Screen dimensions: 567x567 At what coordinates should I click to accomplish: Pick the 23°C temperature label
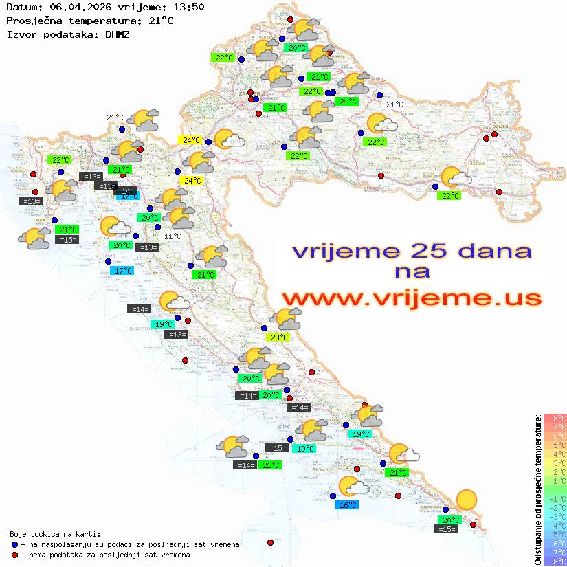[278, 337]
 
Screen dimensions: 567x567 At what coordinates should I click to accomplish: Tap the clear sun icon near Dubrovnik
[467, 499]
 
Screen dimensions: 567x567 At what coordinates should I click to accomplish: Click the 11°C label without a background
[173, 236]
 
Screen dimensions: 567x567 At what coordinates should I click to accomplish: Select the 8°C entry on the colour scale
[555, 418]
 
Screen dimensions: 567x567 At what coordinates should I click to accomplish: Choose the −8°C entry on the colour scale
[555, 561]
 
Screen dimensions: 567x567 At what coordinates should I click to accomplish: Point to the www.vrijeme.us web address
[412, 298]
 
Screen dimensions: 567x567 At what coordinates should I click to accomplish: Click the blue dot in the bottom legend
[14, 544]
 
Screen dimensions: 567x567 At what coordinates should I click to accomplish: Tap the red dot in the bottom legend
[14, 555]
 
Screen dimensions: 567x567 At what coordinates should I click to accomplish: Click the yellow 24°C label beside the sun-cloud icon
[190, 140]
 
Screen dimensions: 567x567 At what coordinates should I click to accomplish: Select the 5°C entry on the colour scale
[555, 445]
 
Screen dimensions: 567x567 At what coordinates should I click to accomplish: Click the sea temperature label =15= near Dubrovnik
[446, 529]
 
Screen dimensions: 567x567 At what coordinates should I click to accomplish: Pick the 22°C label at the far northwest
[224, 58]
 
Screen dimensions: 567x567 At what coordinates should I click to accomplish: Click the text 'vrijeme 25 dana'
[412, 251]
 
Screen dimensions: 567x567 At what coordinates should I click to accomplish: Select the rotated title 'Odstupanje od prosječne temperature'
[537, 489]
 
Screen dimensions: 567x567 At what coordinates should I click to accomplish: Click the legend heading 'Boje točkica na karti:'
[55, 534]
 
